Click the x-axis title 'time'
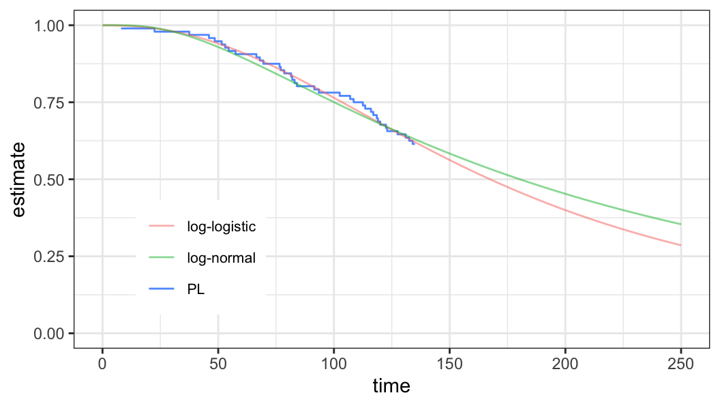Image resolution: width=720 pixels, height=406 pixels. [391, 386]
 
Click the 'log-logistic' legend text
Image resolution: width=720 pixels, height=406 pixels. [222, 227]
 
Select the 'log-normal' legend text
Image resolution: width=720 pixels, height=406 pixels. [221, 258]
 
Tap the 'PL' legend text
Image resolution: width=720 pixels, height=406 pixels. [196, 289]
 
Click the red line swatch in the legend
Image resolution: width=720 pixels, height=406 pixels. [161, 227]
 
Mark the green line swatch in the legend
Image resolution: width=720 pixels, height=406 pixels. [161, 258]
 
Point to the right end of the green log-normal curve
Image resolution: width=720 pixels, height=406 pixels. [680, 224]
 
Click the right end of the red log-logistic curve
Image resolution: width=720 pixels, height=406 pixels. [680, 245]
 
